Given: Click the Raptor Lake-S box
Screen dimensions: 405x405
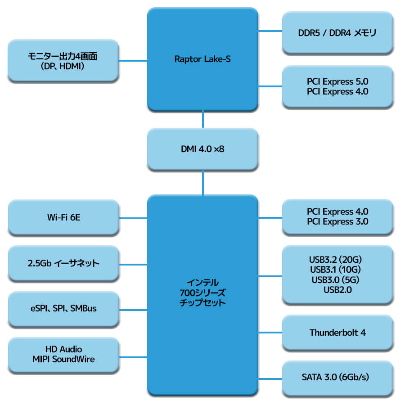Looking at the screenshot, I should coord(202,59).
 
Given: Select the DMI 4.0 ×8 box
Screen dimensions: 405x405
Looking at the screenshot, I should coord(202,148).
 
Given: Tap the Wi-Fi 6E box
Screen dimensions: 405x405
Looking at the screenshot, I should coord(63,218).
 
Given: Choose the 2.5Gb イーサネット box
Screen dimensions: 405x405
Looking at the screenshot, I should coord(63,264).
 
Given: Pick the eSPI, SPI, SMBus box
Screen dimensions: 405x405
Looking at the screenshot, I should coord(63,309).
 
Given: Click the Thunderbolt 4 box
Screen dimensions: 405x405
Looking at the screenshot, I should coord(337,333).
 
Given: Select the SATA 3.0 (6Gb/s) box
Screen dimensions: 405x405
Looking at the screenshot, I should coord(337,377).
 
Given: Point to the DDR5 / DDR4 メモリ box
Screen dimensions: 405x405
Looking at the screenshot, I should coord(337,33).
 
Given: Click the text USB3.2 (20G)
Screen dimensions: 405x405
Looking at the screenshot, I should coord(337,260).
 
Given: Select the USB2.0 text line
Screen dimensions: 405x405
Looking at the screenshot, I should coord(337,290).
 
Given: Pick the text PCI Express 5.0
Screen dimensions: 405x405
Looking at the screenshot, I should coord(337,81).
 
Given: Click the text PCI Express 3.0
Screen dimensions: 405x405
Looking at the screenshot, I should coord(337,222).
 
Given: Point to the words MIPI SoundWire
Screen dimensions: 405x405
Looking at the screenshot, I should coord(63,359).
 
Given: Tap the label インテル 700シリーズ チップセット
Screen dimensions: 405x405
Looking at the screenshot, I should coord(202,292).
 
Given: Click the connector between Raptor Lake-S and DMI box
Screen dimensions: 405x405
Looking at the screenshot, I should coord(203,119).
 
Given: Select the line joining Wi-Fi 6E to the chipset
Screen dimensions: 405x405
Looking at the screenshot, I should coord(133,218).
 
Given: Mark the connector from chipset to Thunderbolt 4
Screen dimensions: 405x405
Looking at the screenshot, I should coord(270,333).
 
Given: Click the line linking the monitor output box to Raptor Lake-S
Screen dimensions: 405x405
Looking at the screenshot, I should coord(133,60).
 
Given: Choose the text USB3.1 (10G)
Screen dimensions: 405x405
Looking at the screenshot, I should coord(337,270).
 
